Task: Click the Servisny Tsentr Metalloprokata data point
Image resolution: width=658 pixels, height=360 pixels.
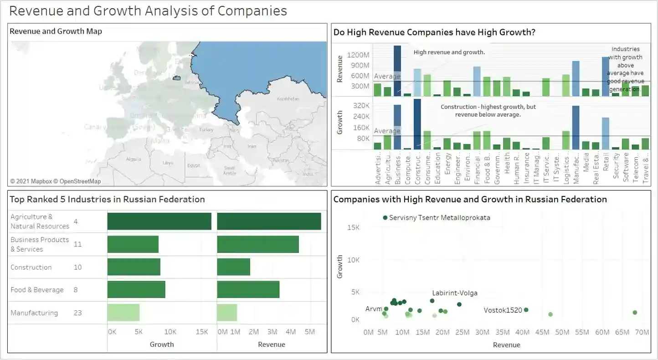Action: [x=386, y=218]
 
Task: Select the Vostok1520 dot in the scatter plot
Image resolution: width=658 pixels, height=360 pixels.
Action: [x=526, y=310]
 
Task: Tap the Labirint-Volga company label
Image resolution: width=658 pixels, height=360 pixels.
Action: [x=455, y=293]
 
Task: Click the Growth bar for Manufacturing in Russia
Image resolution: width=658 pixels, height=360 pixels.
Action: [x=123, y=313]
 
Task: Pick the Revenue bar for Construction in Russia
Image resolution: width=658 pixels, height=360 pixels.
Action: [x=233, y=267]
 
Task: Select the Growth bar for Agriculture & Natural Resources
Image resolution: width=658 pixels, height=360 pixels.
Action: [x=159, y=221]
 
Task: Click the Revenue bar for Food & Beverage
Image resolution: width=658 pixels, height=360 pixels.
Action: [x=248, y=290]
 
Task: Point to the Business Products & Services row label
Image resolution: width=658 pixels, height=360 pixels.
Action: [x=40, y=244]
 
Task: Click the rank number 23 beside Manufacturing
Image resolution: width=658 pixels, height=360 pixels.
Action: [x=77, y=313]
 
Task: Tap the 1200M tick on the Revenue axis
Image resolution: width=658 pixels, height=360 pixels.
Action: [x=358, y=55]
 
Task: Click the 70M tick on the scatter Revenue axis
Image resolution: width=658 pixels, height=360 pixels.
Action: [x=642, y=332]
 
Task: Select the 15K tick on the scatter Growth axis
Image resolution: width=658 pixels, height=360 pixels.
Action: [x=354, y=227]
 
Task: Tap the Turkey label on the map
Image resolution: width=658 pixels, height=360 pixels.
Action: [x=206, y=130]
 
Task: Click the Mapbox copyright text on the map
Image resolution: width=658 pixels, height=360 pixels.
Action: [x=55, y=181]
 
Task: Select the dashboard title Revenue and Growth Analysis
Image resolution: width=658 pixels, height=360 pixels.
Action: [x=148, y=11]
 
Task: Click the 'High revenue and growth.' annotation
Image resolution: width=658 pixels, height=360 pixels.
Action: [x=449, y=52]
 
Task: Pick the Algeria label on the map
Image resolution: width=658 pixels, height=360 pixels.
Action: [x=134, y=159]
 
